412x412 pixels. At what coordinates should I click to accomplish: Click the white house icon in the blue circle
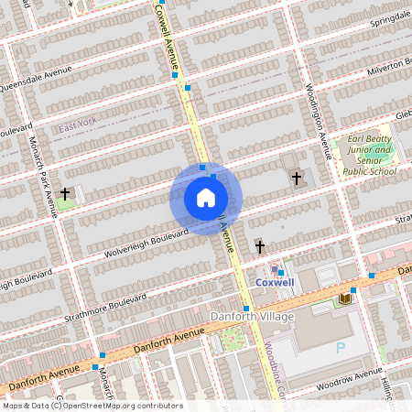coord(206,198)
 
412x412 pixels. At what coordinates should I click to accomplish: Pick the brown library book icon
coord(346,298)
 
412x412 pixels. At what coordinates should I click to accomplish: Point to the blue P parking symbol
coord(342,348)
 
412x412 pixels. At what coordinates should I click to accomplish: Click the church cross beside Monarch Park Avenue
coord(65,194)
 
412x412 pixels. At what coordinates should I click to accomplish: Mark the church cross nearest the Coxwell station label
coord(260,246)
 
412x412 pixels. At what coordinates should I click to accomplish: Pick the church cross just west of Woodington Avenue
coord(296,178)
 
